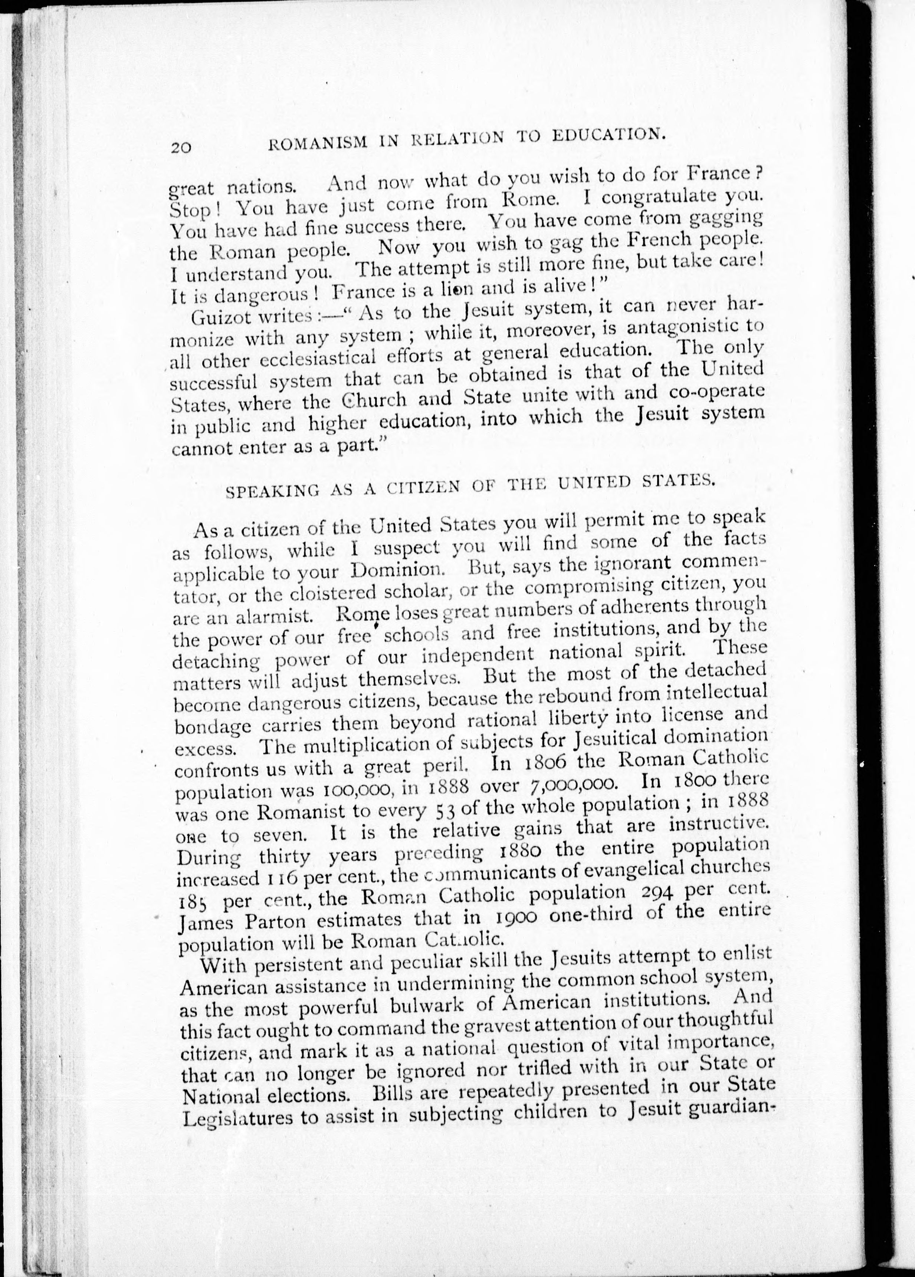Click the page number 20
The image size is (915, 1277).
181,148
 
